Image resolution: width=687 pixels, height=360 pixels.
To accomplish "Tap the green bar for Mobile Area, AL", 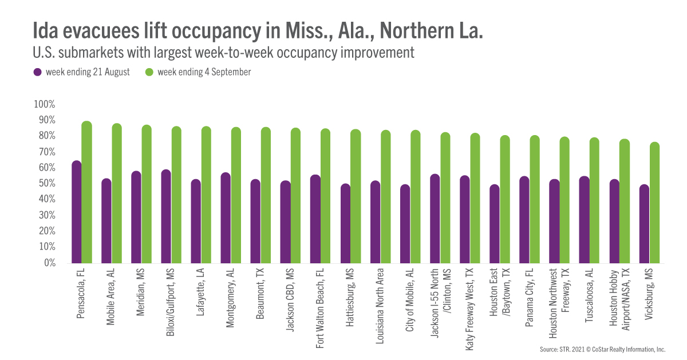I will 116,193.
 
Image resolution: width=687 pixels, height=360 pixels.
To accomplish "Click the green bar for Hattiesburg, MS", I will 356,196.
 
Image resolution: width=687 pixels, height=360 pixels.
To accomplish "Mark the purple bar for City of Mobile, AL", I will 405,224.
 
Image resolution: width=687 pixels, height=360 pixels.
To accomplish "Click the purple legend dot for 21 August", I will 38,72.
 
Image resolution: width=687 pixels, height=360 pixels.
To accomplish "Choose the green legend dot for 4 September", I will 149,72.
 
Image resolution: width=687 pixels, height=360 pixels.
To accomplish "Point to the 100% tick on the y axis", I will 44,105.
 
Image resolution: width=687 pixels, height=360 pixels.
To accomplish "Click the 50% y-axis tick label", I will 46,184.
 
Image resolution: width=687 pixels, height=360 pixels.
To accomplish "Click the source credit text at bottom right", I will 602,349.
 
